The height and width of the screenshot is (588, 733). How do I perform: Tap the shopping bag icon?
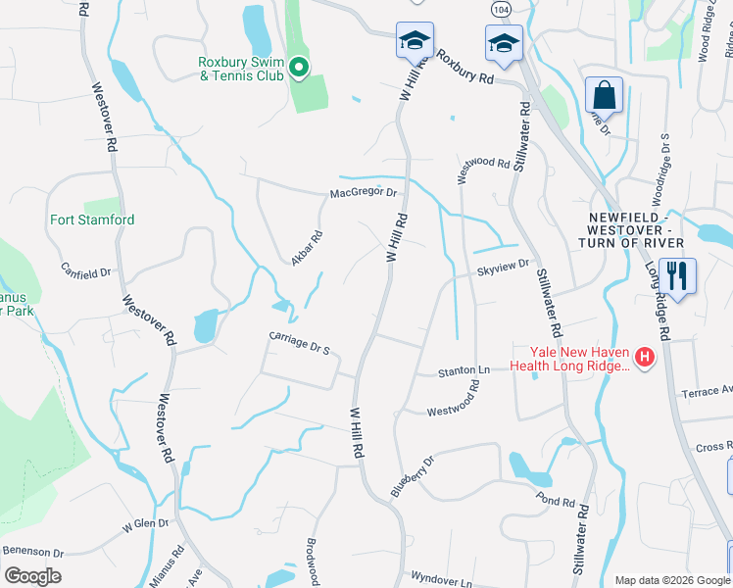tap(604, 97)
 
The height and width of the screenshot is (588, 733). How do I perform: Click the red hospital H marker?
tap(644, 359)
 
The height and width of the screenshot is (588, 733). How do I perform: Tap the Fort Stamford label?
tap(92, 220)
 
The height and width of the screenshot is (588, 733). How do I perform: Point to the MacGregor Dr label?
tap(363, 193)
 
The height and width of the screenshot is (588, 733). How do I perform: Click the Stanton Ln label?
tap(464, 371)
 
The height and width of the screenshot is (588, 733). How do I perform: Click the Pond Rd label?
tap(556, 501)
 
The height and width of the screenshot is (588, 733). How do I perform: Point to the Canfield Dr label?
tap(86, 271)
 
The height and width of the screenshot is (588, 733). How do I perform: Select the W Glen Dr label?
tap(147, 525)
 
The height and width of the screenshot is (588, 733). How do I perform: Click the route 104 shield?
tap(501, 7)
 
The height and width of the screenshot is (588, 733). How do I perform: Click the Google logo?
tap(33, 575)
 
